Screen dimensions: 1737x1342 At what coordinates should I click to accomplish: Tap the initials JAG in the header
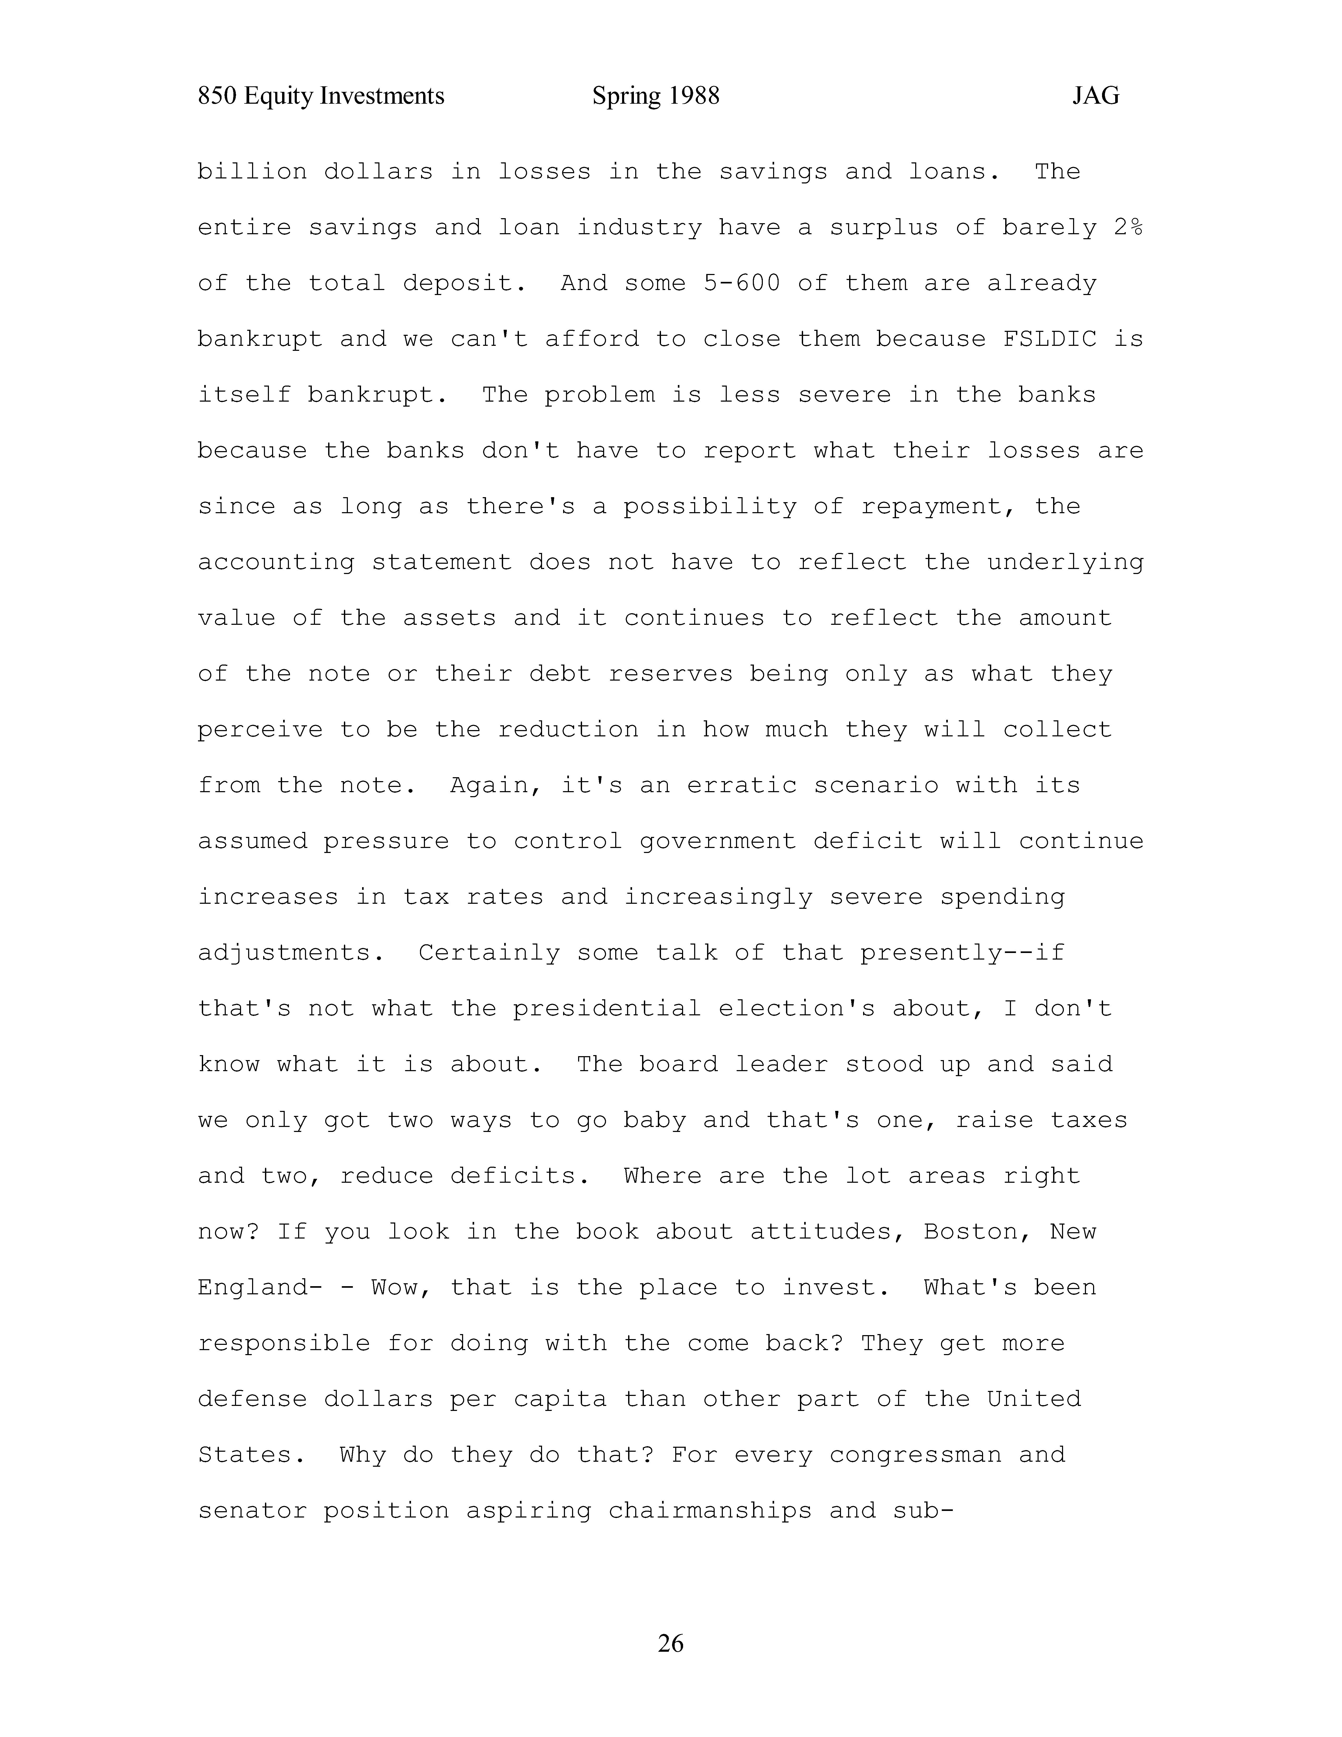(x=1095, y=96)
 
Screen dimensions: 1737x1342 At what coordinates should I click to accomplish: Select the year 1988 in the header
(x=694, y=96)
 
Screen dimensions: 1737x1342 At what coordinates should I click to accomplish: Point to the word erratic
(x=742, y=786)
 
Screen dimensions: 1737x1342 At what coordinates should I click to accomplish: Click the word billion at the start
(x=252, y=172)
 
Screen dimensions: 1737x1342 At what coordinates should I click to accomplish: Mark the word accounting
(x=276, y=562)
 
